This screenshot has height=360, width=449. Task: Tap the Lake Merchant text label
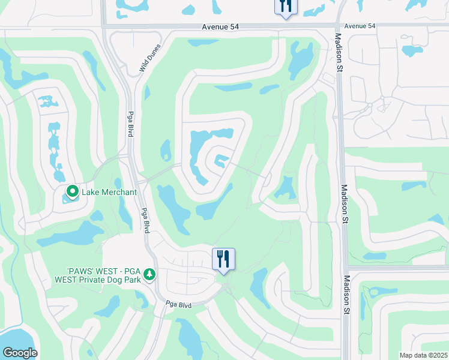109,192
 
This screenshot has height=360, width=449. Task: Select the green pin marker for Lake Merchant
73,192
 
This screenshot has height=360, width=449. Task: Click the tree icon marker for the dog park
149,275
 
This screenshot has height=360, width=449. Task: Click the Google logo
20,352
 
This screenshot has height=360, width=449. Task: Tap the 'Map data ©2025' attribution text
423,355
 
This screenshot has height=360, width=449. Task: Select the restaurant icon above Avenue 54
285,6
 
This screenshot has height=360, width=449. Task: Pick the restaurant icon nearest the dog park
223,259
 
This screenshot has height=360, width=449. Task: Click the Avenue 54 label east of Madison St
360,26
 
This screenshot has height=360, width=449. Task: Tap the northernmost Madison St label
338,56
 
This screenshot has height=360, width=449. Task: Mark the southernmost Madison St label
346,295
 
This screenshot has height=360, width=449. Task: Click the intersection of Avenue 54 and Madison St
337,25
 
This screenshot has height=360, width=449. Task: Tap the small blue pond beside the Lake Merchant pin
64,199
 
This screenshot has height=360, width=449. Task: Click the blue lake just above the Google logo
18,337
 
